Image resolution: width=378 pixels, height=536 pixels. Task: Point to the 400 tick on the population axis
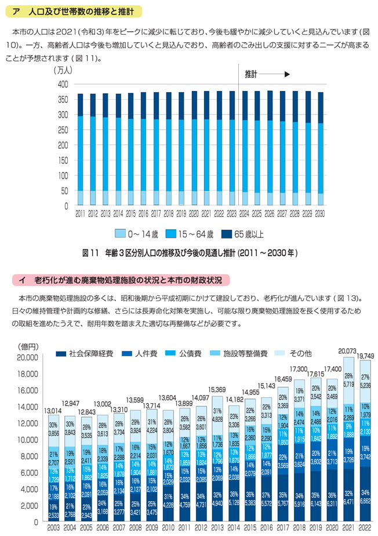63,84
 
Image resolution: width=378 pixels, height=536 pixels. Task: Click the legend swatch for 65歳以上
228,234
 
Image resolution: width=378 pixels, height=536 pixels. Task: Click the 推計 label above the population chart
250,75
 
